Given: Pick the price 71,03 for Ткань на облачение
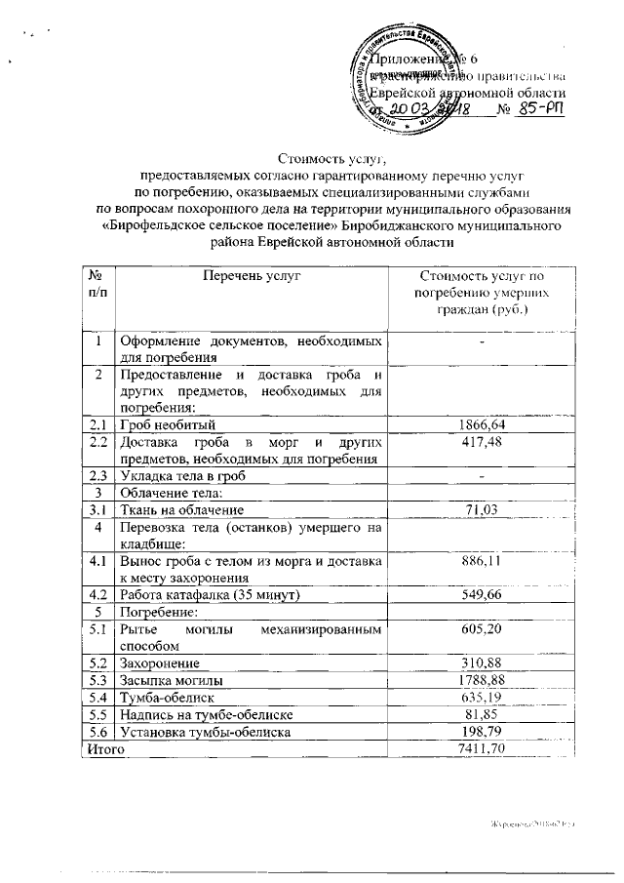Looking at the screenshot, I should tap(480, 508).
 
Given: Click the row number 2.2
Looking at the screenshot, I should tap(97, 442).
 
